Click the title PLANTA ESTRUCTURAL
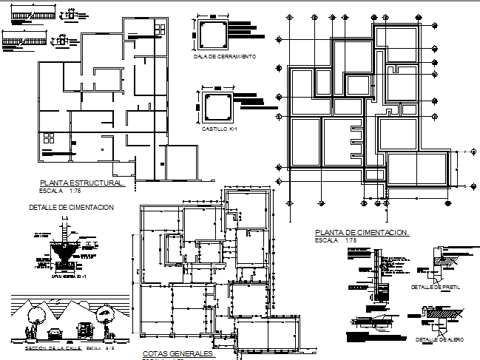click(82, 182)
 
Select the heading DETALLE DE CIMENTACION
click(71, 208)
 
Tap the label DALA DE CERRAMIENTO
click(224, 56)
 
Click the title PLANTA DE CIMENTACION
click(362, 232)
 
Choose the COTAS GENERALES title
click(173, 354)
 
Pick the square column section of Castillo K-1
click(217, 108)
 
